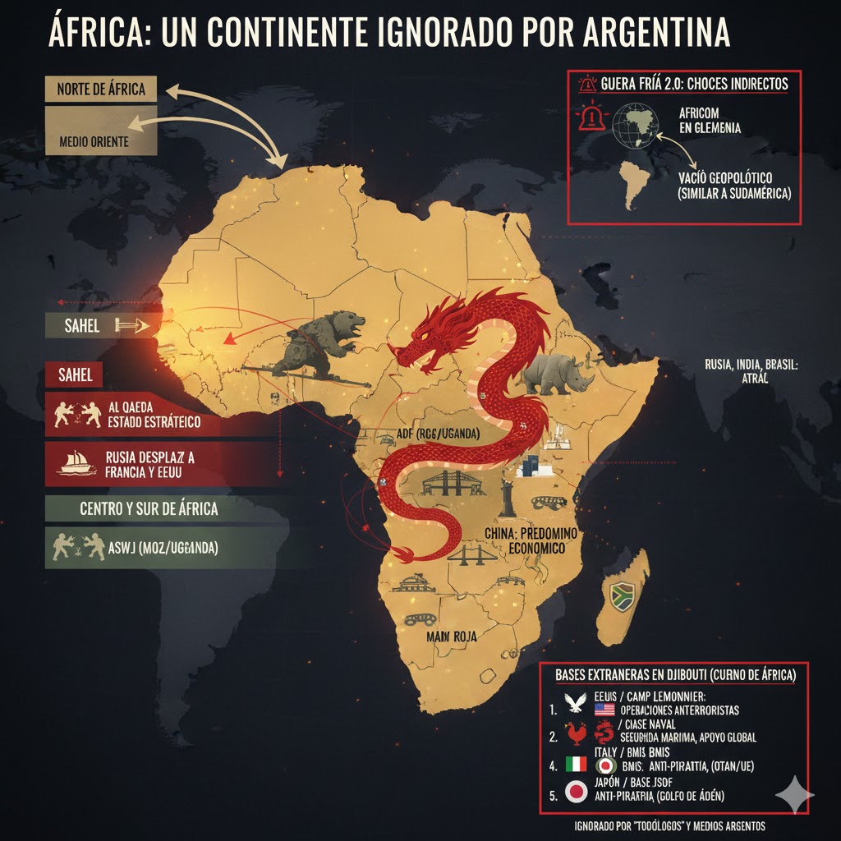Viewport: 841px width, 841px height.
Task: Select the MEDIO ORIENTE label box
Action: click(x=94, y=140)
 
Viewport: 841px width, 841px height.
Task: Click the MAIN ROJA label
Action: click(x=452, y=636)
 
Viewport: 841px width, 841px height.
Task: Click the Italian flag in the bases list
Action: click(x=576, y=763)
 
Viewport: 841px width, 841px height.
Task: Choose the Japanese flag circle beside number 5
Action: click(x=577, y=793)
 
